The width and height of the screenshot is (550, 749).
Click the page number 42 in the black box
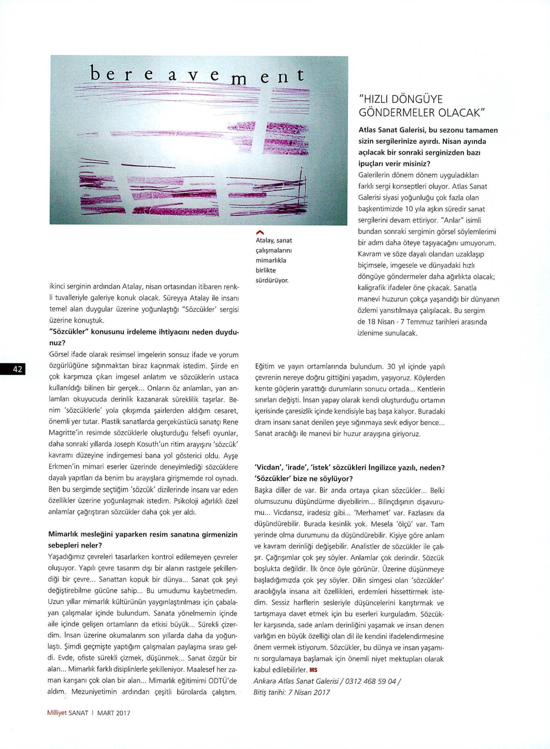pos(17,369)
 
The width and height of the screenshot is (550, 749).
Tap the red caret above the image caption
pos(260,232)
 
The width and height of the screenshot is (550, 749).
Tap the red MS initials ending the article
pos(313,670)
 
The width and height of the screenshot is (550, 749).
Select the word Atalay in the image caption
pos(265,241)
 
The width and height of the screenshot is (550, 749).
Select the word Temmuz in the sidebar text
pos(419,322)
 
